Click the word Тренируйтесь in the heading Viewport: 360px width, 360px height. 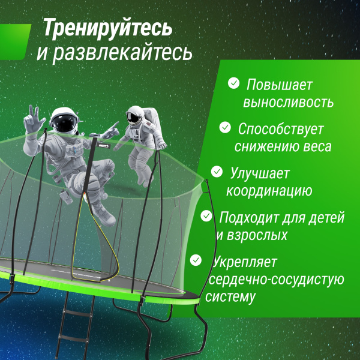pyautogui.click(x=107, y=28)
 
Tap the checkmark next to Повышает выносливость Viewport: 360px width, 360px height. pyautogui.click(x=233, y=83)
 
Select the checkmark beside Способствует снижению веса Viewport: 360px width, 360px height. pyautogui.click(x=225, y=127)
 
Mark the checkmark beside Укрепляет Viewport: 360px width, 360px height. pyautogui.click(x=196, y=260)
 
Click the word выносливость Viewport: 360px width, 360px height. pyautogui.click(x=288, y=102)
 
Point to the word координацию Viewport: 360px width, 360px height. pyautogui.click(x=268, y=191)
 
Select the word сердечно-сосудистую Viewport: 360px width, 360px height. pyautogui.click(x=274, y=279)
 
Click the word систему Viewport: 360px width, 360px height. pyautogui.click(x=230, y=296)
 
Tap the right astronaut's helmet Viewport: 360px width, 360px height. pyautogui.click(x=136, y=115)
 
